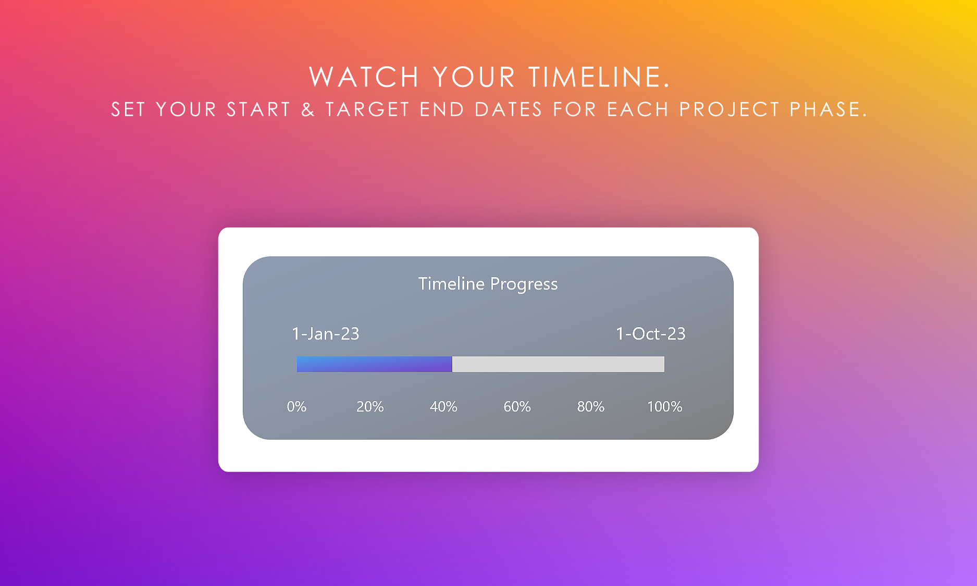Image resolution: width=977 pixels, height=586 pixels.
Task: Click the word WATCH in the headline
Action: pyautogui.click(x=364, y=77)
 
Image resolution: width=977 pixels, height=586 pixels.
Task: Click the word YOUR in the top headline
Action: pyautogui.click(x=474, y=77)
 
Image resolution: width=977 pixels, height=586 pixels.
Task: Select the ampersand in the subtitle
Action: pyautogui.click(x=308, y=109)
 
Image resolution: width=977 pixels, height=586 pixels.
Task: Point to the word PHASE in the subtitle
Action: pyautogui.click(x=828, y=109)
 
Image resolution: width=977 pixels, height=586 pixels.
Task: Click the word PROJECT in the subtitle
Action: pyautogui.click(x=729, y=109)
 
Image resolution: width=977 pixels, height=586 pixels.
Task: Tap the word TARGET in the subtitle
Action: pyautogui.click(x=368, y=109)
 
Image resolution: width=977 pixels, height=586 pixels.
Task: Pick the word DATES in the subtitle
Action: pyautogui.click(x=509, y=109)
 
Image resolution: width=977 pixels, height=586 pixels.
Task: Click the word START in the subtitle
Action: pyautogui.click(x=258, y=109)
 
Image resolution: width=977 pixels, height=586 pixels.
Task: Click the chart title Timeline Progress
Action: pyautogui.click(x=488, y=284)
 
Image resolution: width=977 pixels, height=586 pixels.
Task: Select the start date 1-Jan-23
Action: pyautogui.click(x=326, y=334)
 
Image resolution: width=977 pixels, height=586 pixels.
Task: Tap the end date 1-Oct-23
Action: pyautogui.click(x=651, y=334)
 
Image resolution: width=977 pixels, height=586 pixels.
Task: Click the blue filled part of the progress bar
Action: pyautogui.click(x=374, y=364)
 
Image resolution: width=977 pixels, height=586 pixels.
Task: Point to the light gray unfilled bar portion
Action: pyautogui.click(x=558, y=364)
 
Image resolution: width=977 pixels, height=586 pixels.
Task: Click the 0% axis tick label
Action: pyautogui.click(x=296, y=407)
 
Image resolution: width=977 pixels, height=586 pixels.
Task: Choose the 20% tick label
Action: pyautogui.click(x=370, y=407)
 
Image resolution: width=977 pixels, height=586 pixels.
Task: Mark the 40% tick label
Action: pyautogui.click(x=443, y=407)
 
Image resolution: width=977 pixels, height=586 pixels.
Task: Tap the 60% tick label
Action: pyautogui.click(x=517, y=407)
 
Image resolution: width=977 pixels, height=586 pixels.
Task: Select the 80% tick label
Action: pyautogui.click(x=591, y=407)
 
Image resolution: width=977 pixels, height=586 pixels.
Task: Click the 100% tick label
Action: pyautogui.click(x=664, y=407)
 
